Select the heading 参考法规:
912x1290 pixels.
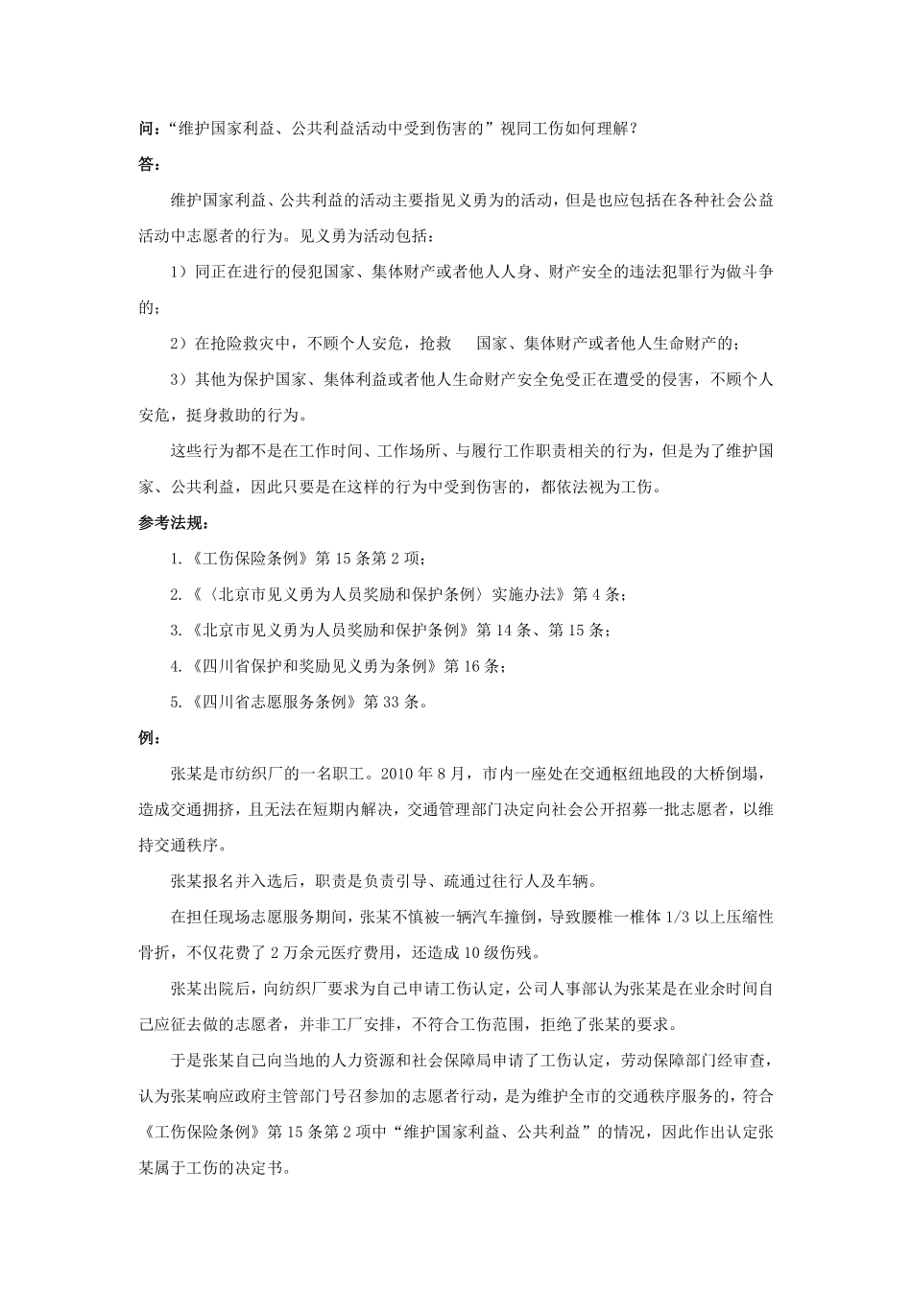pyautogui.click(x=173, y=523)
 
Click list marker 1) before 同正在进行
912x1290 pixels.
pyautogui.click(x=180, y=272)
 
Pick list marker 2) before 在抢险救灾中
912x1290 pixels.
pyautogui.click(x=180, y=344)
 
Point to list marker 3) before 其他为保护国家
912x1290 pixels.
pyautogui.click(x=180, y=379)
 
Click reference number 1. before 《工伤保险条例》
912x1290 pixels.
pyautogui.click(x=175, y=559)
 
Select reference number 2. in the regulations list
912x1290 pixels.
pyautogui.click(x=175, y=595)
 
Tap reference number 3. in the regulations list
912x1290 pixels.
pyautogui.click(x=175, y=631)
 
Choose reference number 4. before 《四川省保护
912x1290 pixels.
pyautogui.click(x=175, y=666)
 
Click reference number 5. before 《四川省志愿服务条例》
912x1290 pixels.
pyautogui.click(x=175, y=703)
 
